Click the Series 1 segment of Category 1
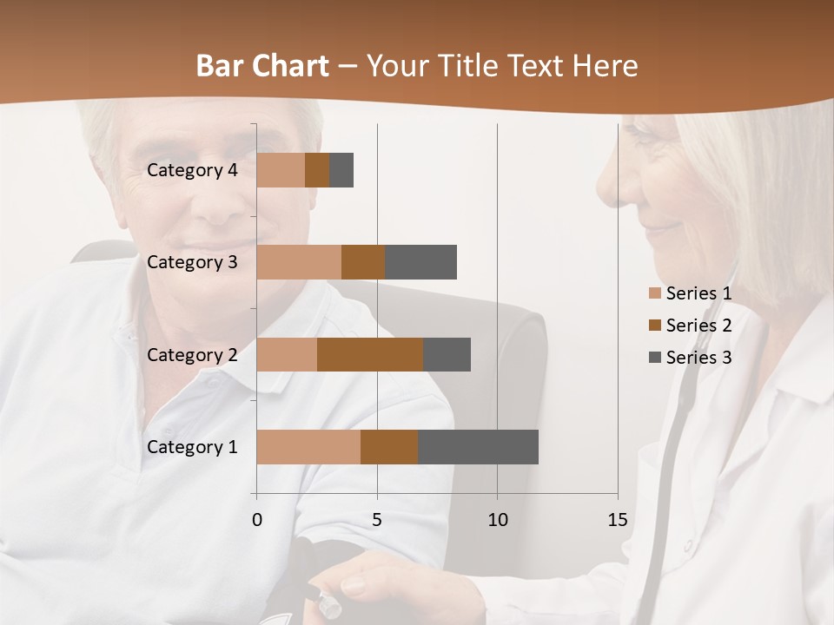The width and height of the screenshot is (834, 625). point(308,447)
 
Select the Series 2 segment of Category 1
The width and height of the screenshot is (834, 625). point(389,447)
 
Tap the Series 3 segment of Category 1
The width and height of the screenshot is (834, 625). point(478,447)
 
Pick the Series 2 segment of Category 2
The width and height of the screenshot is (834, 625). point(370,354)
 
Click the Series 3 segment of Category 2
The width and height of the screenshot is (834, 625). point(447,354)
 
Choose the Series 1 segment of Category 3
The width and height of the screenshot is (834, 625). point(299,262)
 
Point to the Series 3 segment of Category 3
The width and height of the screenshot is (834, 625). point(420,262)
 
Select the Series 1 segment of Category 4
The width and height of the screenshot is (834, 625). point(281,170)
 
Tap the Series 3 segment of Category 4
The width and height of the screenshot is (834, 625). point(341,170)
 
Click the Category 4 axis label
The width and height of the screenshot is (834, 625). point(192,170)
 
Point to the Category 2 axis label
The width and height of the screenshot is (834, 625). point(192,354)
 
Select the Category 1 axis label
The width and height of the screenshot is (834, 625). point(192,447)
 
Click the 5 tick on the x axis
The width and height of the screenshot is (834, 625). point(377,520)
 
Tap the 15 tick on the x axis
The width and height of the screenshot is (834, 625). point(617,520)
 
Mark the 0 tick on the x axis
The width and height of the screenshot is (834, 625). point(256,520)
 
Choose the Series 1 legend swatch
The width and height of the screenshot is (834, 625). point(654,293)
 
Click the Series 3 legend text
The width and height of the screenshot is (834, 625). point(698,358)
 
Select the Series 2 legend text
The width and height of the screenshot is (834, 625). point(698,326)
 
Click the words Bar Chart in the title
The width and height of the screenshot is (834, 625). point(262,66)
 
